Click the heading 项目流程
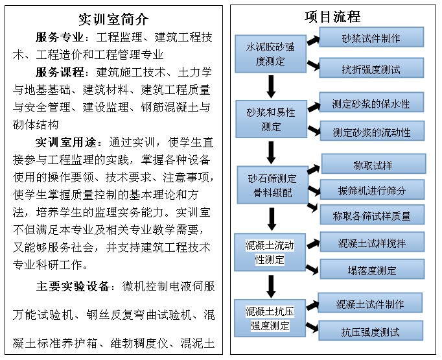(332, 16)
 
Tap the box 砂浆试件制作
(371, 38)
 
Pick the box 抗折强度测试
(371, 68)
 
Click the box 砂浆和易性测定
(270, 119)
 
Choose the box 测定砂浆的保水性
(371, 103)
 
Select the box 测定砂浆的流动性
(371, 132)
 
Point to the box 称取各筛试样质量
(371, 215)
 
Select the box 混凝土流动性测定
(270, 252)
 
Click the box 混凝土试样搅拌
(371, 243)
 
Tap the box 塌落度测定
(371, 271)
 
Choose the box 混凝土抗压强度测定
(270, 317)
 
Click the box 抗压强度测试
(371, 331)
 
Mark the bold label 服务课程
(60, 71)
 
